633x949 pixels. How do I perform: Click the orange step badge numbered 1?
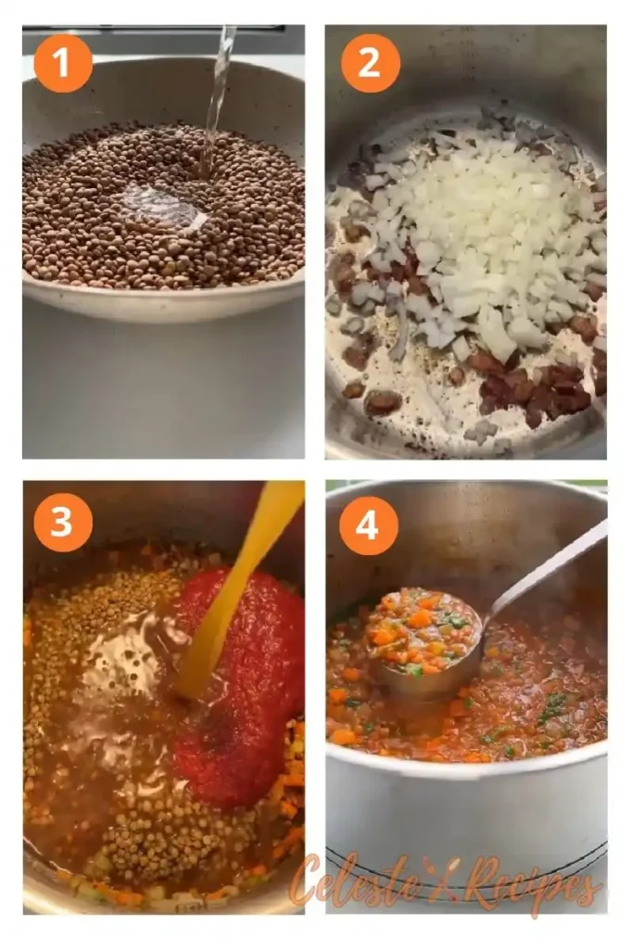point(63,62)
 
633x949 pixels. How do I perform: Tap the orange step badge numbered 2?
point(370,62)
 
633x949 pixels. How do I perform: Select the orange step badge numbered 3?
point(63,522)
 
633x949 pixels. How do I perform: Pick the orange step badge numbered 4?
point(368,525)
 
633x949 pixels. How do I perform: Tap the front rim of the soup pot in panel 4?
point(463,768)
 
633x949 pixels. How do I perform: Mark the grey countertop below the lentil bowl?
point(162,389)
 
